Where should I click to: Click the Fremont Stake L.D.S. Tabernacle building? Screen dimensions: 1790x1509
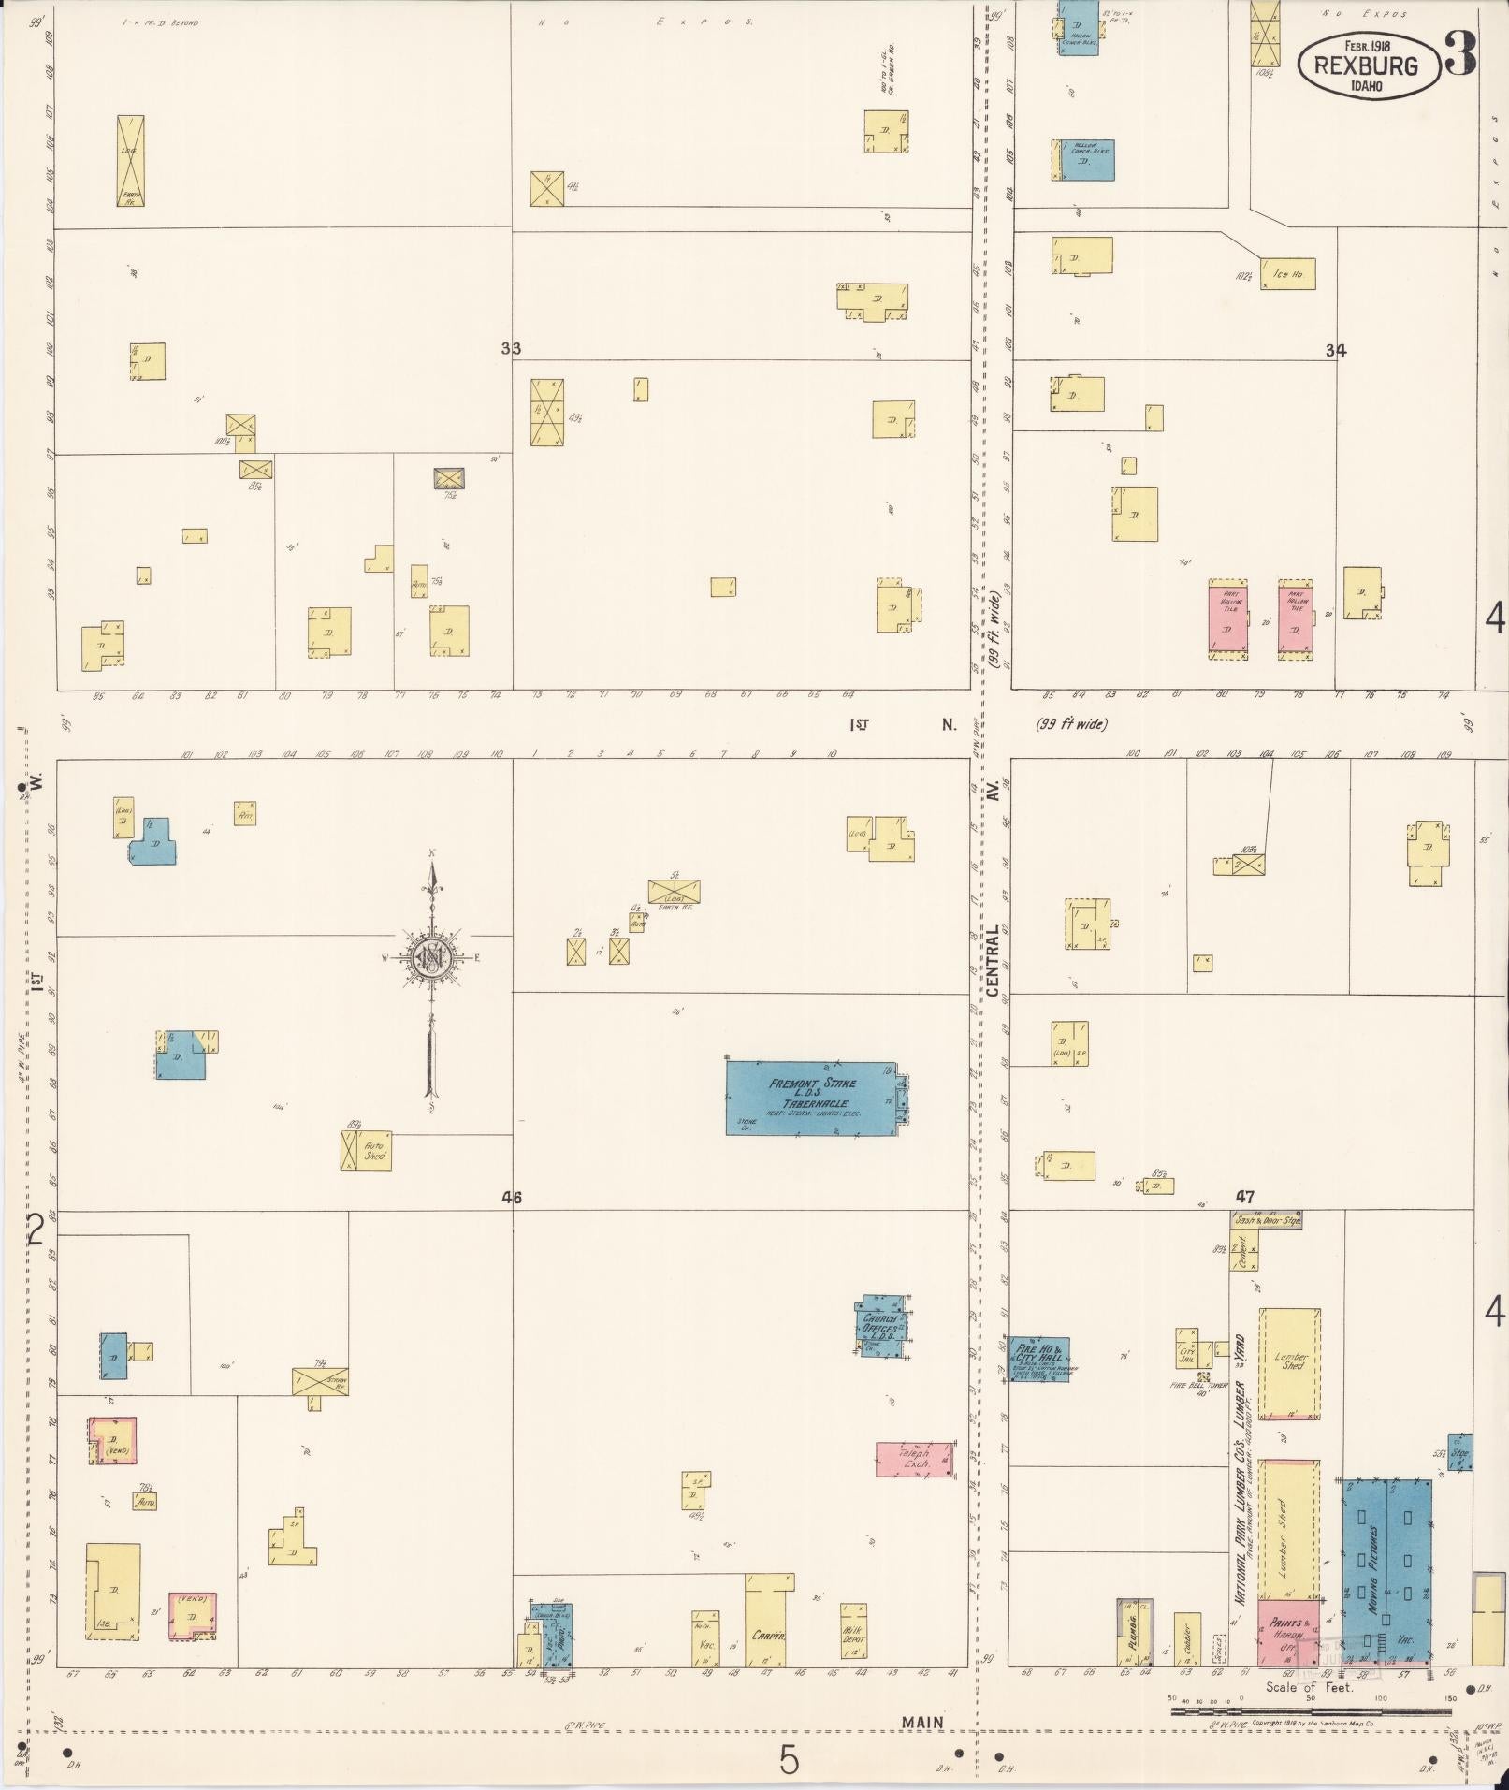811,1098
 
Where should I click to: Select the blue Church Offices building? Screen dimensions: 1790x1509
881,1325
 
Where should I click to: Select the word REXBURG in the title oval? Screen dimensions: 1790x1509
1366,65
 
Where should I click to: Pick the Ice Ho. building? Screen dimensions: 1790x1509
1287,274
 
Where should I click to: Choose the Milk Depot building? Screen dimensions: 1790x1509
852,1636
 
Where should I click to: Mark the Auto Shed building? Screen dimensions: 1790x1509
366,1151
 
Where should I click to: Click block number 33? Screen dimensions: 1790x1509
511,349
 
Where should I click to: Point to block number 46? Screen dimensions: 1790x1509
511,1198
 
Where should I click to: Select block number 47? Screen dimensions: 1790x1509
1244,1197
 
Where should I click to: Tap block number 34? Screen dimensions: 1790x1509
1335,351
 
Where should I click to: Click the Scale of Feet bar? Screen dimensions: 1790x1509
1310,1711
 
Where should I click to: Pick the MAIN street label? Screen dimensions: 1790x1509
921,1723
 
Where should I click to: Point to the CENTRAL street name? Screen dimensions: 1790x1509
993,961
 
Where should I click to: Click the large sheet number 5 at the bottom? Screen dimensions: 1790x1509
790,1761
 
